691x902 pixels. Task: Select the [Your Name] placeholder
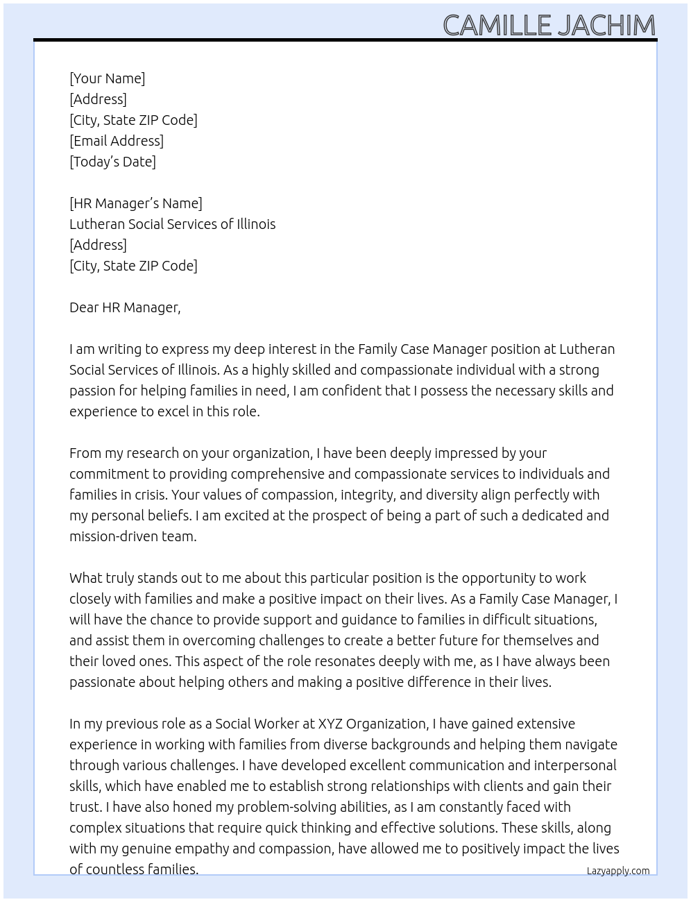107,78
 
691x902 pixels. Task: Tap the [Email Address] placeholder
117,141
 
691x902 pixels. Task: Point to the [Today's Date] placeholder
112,162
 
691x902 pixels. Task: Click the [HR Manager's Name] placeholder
136,203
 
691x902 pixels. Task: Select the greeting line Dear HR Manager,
125,307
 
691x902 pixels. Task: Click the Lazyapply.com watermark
618,871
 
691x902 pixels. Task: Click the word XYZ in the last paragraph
330,724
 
